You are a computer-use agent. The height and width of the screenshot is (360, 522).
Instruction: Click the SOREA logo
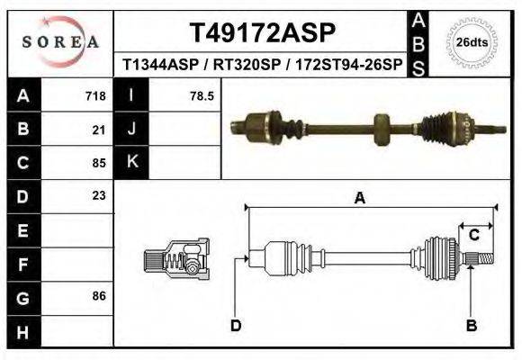click(x=61, y=42)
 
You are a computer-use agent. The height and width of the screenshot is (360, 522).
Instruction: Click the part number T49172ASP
click(x=263, y=33)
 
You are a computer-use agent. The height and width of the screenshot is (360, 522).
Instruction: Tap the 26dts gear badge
click(x=472, y=42)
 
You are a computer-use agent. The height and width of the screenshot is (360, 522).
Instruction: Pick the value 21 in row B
click(x=100, y=130)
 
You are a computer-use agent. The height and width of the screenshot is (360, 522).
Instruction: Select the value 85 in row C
click(x=100, y=164)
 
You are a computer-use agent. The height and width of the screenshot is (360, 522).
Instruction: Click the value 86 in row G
click(x=100, y=296)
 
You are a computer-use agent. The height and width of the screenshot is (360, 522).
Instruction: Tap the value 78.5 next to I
click(x=201, y=95)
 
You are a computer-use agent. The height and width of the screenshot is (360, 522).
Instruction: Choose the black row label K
click(x=132, y=162)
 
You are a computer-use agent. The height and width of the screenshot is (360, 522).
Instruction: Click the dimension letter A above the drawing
click(x=359, y=199)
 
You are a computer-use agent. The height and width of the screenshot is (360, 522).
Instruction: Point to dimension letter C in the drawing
click(x=473, y=235)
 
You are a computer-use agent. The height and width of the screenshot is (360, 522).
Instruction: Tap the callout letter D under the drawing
click(x=236, y=325)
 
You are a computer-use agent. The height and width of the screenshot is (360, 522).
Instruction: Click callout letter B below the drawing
click(x=471, y=325)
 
